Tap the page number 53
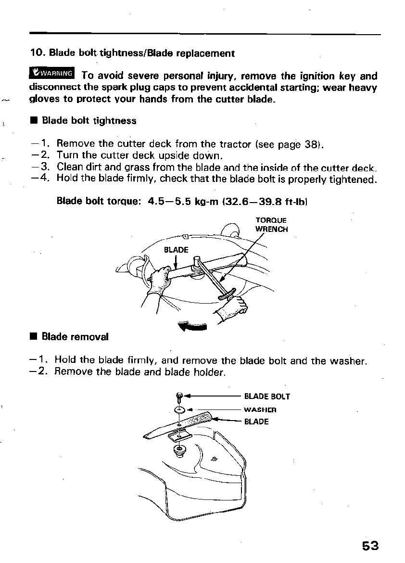click(x=370, y=546)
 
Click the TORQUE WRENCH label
click(x=272, y=225)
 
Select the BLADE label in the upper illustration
click(x=176, y=250)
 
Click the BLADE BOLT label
click(x=267, y=397)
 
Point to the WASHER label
click(x=260, y=410)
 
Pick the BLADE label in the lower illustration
click(x=256, y=422)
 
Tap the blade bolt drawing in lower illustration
click(x=179, y=397)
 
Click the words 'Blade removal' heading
click(x=75, y=337)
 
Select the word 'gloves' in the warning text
click(x=44, y=100)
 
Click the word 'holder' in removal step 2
click(x=208, y=372)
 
